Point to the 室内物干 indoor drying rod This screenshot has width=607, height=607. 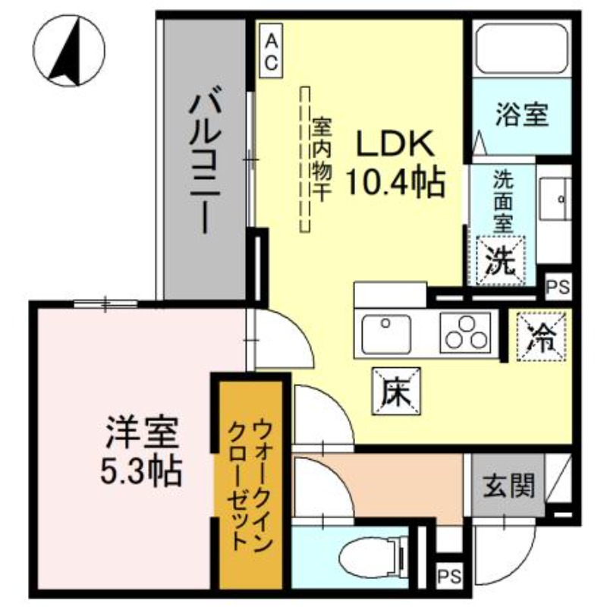[x=307, y=159]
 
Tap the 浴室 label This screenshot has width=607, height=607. [x=522, y=116]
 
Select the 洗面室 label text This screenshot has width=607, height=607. [x=502, y=201]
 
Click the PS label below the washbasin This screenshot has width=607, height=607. [x=558, y=287]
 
